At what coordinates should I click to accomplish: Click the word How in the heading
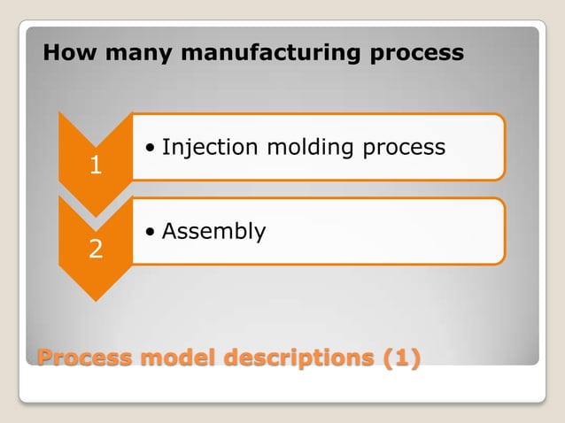[65, 53]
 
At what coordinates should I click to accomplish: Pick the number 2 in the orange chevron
[95, 251]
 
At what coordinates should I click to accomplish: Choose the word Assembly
[213, 232]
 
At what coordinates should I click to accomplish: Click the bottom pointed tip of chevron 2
[95, 299]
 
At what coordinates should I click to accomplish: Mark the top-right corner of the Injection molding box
[502, 116]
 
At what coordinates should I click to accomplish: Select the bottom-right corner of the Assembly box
[502, 262]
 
